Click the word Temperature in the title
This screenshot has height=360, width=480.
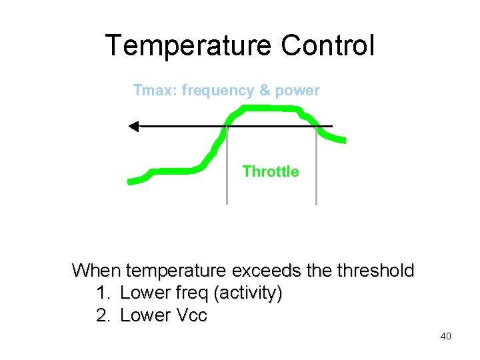(x=189, y=45)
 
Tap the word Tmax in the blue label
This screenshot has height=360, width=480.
(x=153, y=90)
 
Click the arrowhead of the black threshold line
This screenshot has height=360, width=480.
(x=133, y=126)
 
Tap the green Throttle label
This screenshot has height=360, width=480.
(x=271, y=171)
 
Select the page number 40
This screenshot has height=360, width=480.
(x=445, y=336)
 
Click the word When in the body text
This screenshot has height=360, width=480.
(x=96, y=271)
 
